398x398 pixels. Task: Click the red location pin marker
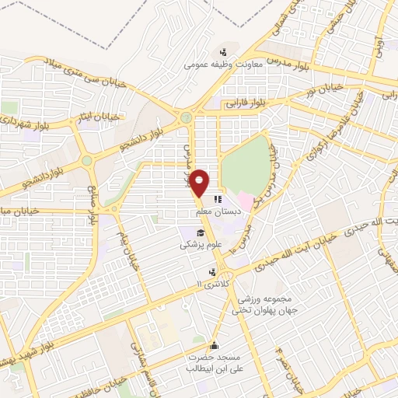click(x=201, y=183)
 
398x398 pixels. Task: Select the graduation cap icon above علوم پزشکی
click(x=201, y=232)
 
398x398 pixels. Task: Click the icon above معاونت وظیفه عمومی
click(x=225, y=52)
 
